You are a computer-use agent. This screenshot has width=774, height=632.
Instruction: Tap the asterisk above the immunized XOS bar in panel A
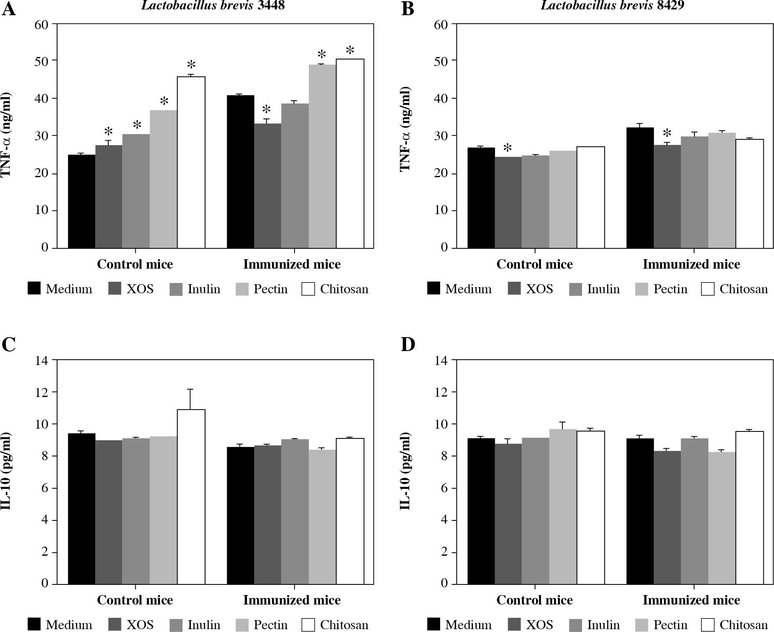pyautogui.click(x=267, y=110)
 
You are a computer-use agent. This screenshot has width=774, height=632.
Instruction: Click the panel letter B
pyautogui.click(x=407, y=9)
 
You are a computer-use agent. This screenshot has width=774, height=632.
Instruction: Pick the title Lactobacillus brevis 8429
pyautogui.click(x=612, y=5)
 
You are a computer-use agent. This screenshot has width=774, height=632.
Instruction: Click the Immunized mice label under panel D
pyautogui.click(x=691, y=600)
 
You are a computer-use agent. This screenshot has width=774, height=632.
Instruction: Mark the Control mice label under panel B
pyautogui.click(x=534, y=264)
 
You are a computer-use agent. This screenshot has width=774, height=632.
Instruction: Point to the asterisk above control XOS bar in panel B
pyautogui.click(x=508, y=148)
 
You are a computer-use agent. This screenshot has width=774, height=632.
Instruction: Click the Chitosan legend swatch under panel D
pyautogui.click(x=708, y=625)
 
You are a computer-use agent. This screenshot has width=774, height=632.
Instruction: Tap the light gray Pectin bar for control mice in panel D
pyautogui.click(x=563, y=506)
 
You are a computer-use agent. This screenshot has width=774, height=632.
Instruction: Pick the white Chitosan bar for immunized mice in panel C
pyautogui.click(x=350, y=511)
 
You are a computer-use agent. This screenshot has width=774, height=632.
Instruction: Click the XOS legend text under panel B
pyautogui.click(x=539, y=289)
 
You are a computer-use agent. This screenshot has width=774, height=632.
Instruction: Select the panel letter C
pyautogui.click(x=9, y=345)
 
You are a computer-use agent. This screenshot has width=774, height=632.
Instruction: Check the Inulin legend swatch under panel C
pyautogui.click(x=176, y=625)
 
